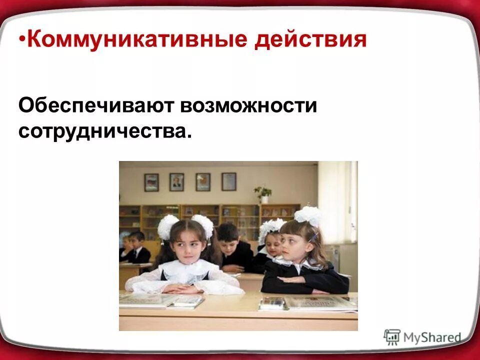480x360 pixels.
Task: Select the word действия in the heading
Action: (310, 39)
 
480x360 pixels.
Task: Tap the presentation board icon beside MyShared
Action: (392, 337)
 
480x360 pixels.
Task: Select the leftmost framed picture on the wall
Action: (151, 182)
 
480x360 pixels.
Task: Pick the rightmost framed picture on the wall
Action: (229, 181)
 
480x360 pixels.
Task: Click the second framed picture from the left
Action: (176, 182)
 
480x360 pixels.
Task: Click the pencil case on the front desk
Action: (272, 302)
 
